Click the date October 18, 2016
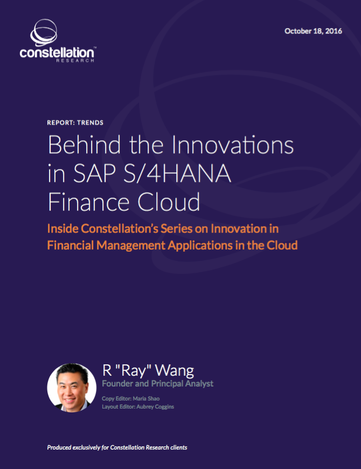tap(313, 31)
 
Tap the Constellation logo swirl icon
tap(44, 32)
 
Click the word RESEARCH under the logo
tap(75, 60)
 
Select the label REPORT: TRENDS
tap(75, 122)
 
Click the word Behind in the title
tap(84, 145)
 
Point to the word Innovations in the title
tap(233, 145)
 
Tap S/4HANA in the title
tap(177, 174)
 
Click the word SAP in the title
tap(94, 174)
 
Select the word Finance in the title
tap(88, 202)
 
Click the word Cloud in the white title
tap(169, 202)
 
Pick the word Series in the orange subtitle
tap(176, 229)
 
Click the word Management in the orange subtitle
tap(131, 245)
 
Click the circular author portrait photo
tap(72, 388)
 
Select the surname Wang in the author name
tap(174, 370)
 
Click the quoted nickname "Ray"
tap(133, 370)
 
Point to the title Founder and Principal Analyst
tap(157, 384)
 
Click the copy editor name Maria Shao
tap(146, 399)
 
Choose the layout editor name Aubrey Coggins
tap(155, 407)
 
